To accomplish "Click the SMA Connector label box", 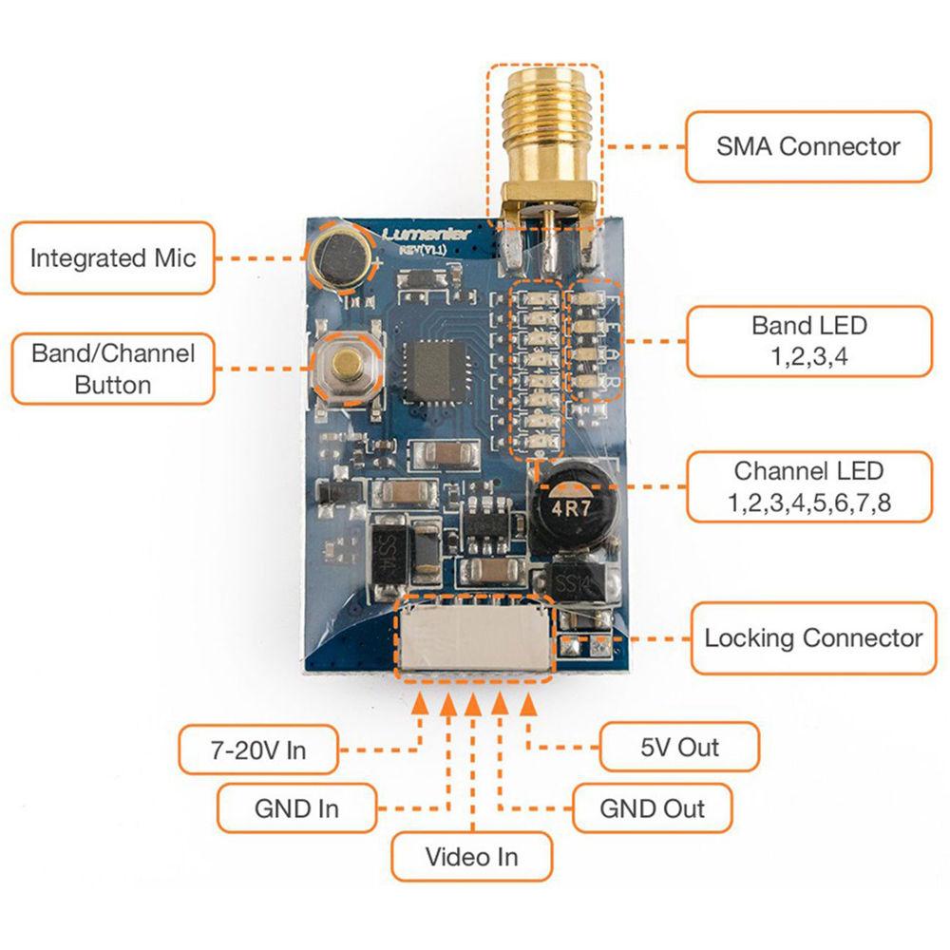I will click(x=807, y=146).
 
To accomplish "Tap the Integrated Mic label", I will click(x=112, y=257).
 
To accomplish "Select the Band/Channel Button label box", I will click(x=112, y=369).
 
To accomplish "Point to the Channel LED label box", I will click(x=807, y=486).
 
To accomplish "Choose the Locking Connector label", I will click(x=812, y=637).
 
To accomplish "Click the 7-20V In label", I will click(x=257, y=750).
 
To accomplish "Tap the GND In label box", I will click(x=296, y=808).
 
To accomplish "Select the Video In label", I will click(x=471, y=857).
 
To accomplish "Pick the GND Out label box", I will click(x=652, y=808).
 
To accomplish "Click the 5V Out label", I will click(x=678, y=747).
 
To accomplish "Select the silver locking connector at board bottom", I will click(x=474, y=637).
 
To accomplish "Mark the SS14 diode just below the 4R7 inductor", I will click(x=578, y=582).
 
